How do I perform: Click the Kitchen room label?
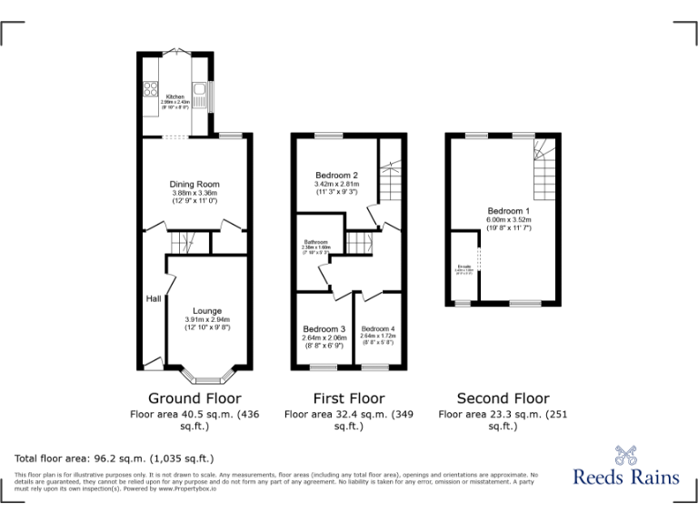(x=174, y=96)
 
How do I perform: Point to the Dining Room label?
(x=194, y=185)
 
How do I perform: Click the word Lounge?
(x=207, y=311)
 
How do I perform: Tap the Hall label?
(x=153, y=298)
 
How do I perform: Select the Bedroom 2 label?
(x=336, y=176)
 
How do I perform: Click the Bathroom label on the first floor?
(x=316, y=242)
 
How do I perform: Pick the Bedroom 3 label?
(x=324, y=328)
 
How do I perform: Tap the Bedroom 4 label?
(x=377, y=328)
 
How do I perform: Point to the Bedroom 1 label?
(x=508, y=211)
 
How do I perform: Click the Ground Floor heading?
(x=194, y=398)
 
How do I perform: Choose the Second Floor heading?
(x=503, y=398)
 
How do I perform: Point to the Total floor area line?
(x=115, y=458)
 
